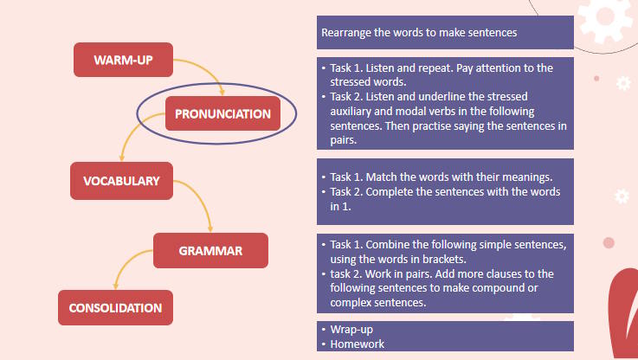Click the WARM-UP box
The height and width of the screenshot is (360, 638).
click(122, 59)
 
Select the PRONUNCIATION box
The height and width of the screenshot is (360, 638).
click(222, 113)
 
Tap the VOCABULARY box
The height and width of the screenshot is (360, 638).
click(121, 181)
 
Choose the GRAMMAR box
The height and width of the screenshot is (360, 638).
click(210, 251)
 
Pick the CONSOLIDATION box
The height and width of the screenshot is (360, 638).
click(115, 307)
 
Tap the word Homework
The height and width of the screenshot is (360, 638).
click(358, 344)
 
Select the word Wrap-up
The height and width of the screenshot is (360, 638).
click(353, 330)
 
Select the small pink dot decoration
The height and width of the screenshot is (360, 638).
click(609, 242)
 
